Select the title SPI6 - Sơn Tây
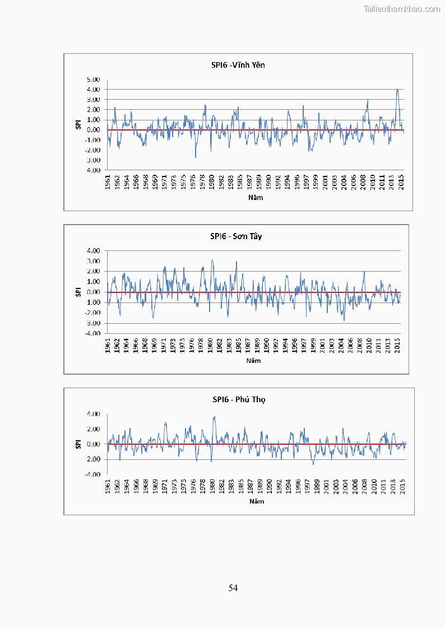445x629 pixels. click(x=236, y=236)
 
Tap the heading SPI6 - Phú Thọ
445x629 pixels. click(x=238, y=400)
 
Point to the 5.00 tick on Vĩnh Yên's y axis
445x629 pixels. click(x=94, y=80)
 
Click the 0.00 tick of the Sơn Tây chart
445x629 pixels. click(x=94, y=292)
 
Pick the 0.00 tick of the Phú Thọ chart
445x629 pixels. click(x=94, y=444)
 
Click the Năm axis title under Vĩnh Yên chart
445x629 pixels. click(x=255, y=197)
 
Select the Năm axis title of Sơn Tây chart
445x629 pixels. click(x=253, y=360)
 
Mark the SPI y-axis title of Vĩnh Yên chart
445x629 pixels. click(x=79, y=124)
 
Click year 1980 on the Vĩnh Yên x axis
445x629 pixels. click(x=212, y=183)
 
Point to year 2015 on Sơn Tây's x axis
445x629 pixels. click(x=397, y=346)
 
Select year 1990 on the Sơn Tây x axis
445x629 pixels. click(x=267, y=346)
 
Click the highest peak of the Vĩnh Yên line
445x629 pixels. click(x=397, y=90)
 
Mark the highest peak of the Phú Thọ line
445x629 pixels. click(x=214, y=417)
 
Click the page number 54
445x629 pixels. click(x=233, y=588)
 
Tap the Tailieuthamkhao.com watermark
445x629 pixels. click(x=402, y=8)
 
